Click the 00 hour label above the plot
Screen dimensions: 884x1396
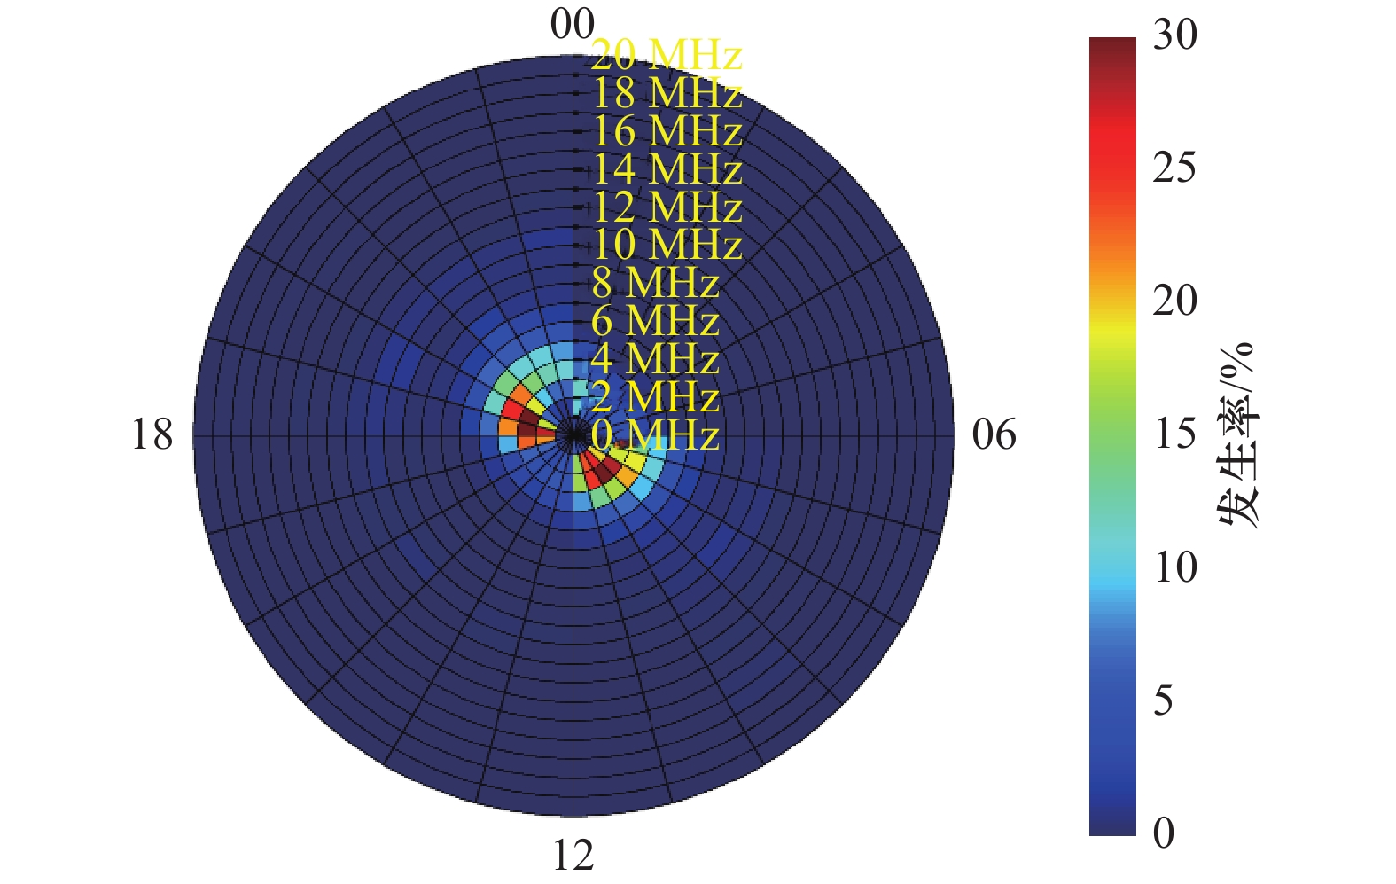tap(572, 24)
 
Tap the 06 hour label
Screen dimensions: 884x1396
tap(994, 435)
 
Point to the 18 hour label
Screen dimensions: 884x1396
tap(152, 435)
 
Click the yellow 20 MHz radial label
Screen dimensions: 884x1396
tap(666, 55)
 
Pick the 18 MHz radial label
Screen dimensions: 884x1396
tap(666, 93)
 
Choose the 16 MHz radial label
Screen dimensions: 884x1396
tap(666, 131)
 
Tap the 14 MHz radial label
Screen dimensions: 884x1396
tap(666, 169)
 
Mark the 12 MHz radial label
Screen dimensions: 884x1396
tap(666, 207)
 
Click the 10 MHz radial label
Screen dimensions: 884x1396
tap(666, 245)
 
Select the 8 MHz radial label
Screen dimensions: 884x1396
tap(655, 283)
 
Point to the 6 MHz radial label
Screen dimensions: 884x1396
tap(655, 321)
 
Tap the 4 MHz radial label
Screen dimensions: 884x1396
tap(655, 359)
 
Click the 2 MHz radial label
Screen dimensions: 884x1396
tap(655, 397)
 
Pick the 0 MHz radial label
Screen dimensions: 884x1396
tap(655, 435)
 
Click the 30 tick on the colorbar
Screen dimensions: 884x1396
tap(1174, 35)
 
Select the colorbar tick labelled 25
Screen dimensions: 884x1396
tap(1174, 168)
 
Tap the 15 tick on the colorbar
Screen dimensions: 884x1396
tap(1174, 434)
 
